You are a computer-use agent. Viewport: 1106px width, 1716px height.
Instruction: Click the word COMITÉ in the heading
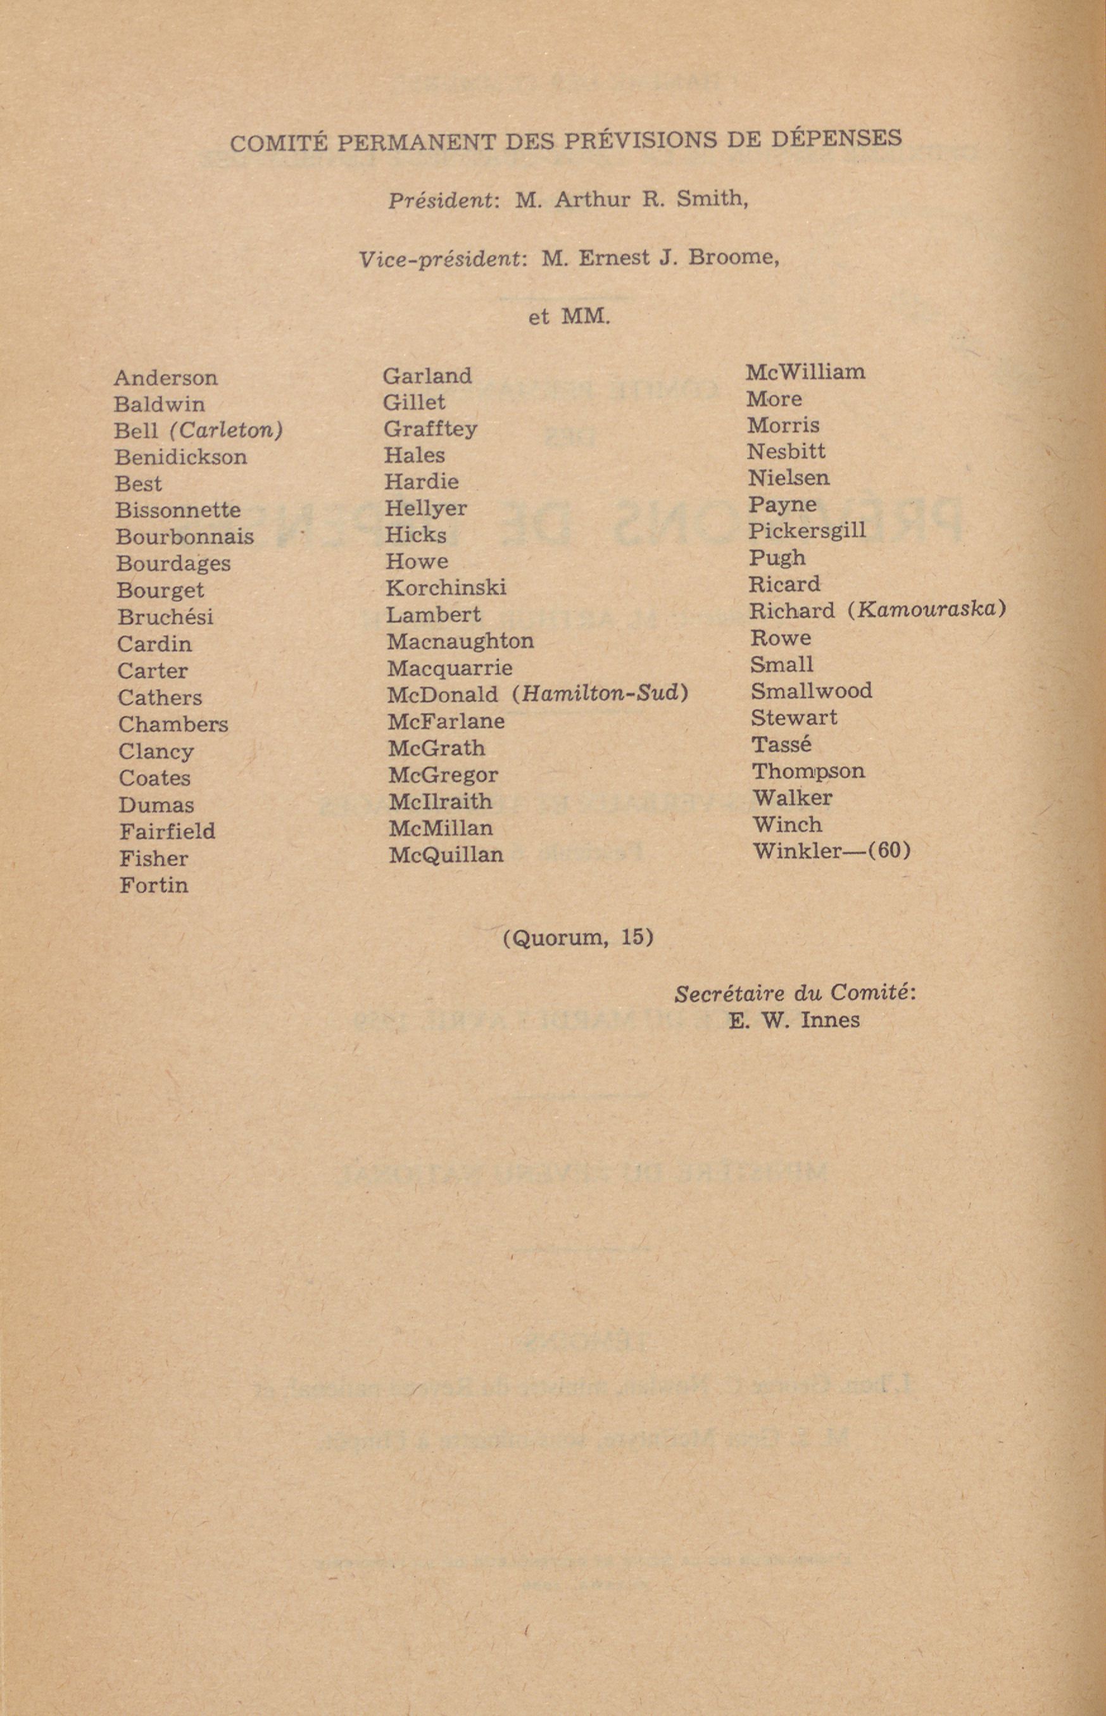tap(279, 143)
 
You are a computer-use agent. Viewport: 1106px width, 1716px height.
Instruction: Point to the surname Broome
tap(732, 257)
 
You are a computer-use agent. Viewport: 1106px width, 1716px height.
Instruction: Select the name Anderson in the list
tap(166, 378)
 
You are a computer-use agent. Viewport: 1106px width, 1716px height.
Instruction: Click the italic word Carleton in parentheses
tap(226, 430)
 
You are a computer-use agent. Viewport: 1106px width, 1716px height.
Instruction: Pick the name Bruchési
tap(165, 617)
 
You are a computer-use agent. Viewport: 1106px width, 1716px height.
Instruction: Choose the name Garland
tap(427, 375)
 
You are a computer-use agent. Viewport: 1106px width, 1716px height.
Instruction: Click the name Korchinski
tap(446, 587)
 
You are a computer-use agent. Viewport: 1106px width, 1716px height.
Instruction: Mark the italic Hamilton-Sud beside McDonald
tap(601, 694)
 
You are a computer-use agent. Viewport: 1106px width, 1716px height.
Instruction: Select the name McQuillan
tap(446, 855)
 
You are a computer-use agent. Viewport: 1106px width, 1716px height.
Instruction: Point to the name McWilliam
tap(805, 372)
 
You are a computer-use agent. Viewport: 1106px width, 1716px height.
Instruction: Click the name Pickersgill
tap(807, 530)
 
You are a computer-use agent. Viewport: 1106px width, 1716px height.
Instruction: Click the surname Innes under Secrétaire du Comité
tap(829, 1020)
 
